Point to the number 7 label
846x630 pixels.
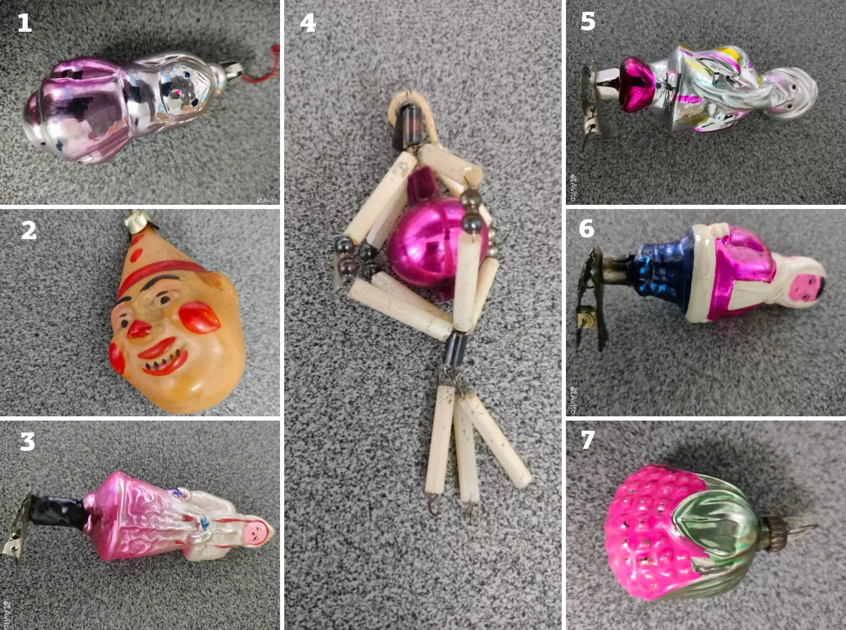(x=588, y=440)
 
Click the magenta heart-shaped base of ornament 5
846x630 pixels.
(x=639, y=84)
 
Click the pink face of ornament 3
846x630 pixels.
(x=256, y=533)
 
